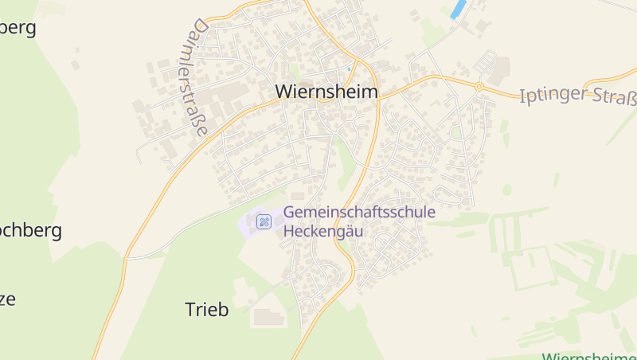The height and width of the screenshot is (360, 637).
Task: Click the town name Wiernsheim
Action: pyautogui.click(x=326, y=92)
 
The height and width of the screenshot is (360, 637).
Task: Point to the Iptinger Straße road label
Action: pyautogui.click(x=578, y=97)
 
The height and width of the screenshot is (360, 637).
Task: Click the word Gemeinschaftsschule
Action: pyautogui.click(x=359, y=213)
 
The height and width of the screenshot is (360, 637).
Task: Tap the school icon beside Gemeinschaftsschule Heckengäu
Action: pyautogui.click(x=264, y=221)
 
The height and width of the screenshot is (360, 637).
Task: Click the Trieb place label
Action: pyautogui.click(x=206, y=310)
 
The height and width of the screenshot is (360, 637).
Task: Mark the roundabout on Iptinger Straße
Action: pyautogui.click(x=479, y=86)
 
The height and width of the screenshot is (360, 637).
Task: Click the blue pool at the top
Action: pyautogui.click(x=458, y=10)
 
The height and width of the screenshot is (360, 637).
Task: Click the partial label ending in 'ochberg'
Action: pyautogui.click(x=30, y=232)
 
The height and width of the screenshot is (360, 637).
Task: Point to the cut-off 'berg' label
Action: pyautogui.click(x=18, y=28)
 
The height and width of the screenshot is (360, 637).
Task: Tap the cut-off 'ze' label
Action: pyautogui.click(x=8, y=299)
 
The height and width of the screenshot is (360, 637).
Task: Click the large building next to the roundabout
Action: pyautogui.click(x=499, y=72)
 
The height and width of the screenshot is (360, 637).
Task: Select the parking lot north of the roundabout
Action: pyautogui.click(x=485, y=61)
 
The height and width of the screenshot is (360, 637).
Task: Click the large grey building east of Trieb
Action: pyautogui.click(x=268, y=318)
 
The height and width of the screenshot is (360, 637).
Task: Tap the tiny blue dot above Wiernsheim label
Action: pyautogui.click(x=349, y=68)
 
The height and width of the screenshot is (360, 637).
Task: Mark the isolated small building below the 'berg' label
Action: pyautogui.click(x=76, y=65)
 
